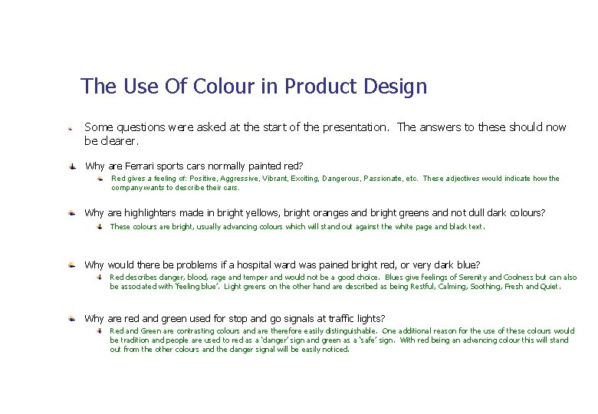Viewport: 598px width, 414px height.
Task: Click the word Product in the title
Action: click(320, 87)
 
